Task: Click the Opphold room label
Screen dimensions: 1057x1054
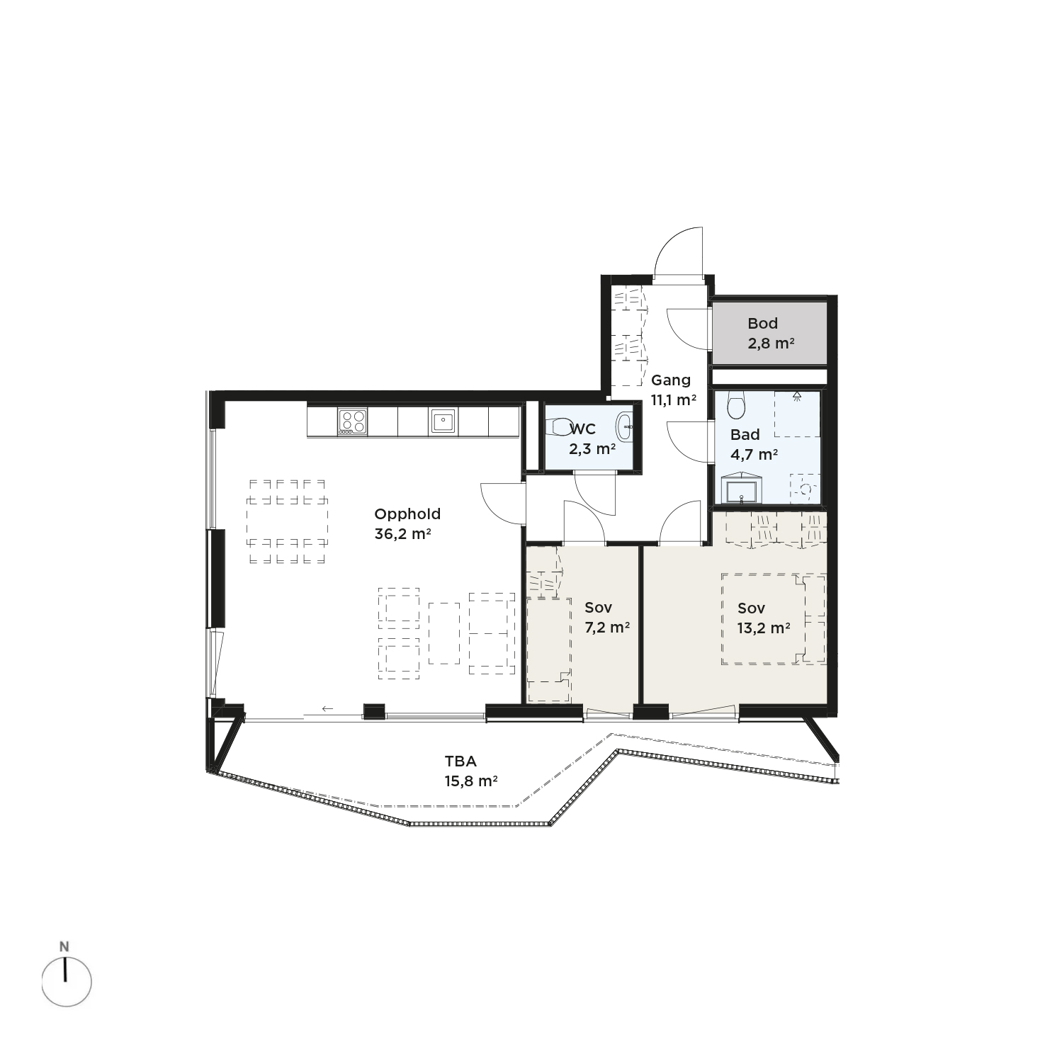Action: tap(407, 515)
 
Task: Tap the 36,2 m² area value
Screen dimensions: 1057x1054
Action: tap(403, 534)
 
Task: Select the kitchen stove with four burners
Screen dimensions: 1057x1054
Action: tap(352, 421)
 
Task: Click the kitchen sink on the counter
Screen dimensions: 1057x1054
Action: tap(443, 421)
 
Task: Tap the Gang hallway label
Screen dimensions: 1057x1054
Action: tap(671, 380)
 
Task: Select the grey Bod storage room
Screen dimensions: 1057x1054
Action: tap(769, 333)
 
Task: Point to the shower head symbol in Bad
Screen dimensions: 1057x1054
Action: tap(797, 396)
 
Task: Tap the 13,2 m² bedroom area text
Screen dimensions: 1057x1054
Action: tap(764, 628)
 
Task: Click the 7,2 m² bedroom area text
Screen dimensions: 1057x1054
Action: tap(607, 627)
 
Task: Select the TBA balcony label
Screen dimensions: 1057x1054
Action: tap(460, 761)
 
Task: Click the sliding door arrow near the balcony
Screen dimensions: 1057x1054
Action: tap(327, 708)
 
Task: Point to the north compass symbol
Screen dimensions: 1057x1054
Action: tap(67, 982)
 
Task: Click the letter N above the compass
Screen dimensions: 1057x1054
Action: tap(64, 946)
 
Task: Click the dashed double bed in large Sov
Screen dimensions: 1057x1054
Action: tap(773, 619)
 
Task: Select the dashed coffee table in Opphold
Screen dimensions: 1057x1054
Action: tap(444, 633)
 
